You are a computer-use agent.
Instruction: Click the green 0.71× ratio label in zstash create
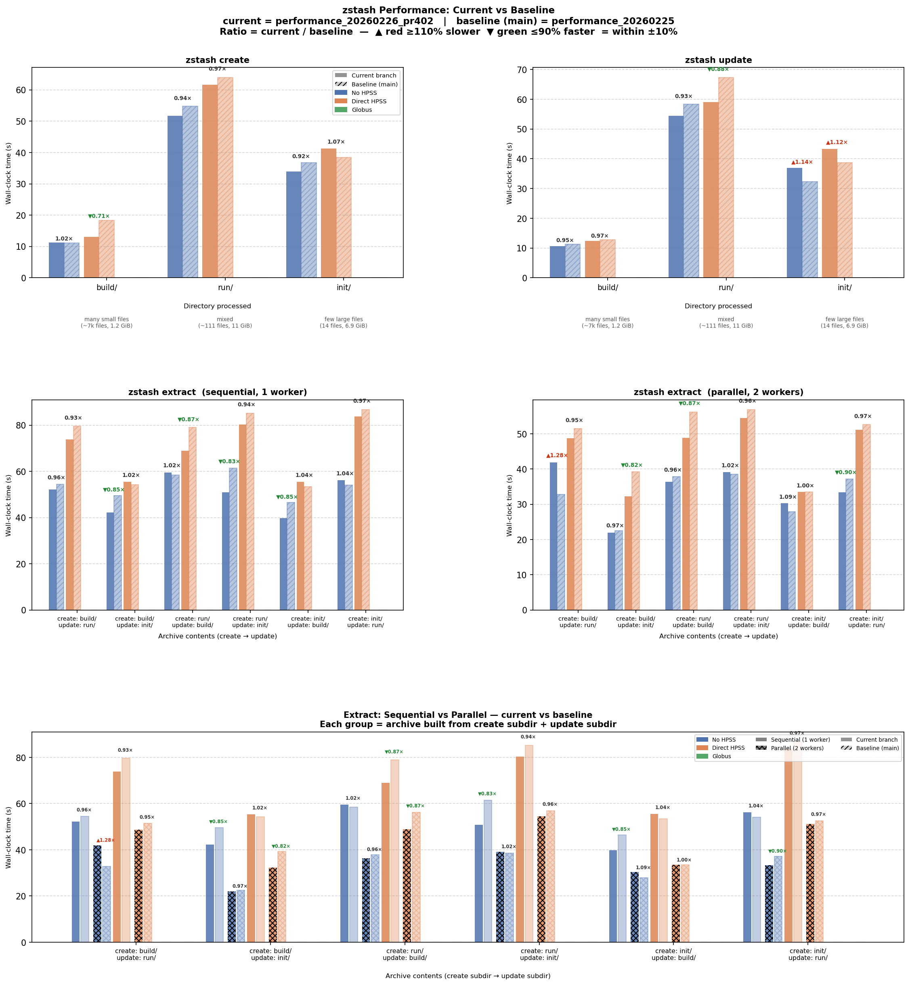tap(99, 216)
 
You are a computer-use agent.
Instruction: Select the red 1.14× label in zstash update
tap(802, 162)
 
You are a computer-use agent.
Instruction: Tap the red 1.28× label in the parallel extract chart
tap(556, 455)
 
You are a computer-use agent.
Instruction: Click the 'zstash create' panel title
tap(217, 60)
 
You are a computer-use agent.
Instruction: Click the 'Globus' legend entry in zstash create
tap(361, 110)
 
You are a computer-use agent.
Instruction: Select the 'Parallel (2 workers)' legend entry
tap(797, 748)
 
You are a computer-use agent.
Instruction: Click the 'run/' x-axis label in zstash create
tap(225, 287)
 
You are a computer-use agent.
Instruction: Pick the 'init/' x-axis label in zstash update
tap(844, 287)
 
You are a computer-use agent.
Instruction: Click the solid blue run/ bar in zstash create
tap(175, 197)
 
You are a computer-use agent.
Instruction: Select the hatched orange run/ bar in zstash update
tap(726, 177)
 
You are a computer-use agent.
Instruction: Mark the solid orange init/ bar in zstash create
tap(329, 213)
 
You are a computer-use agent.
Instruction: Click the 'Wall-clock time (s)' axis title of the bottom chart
tap(8, 837)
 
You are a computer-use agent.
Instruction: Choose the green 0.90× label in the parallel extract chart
tap(845, 473)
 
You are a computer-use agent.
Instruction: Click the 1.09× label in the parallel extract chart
tap(787, 497)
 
